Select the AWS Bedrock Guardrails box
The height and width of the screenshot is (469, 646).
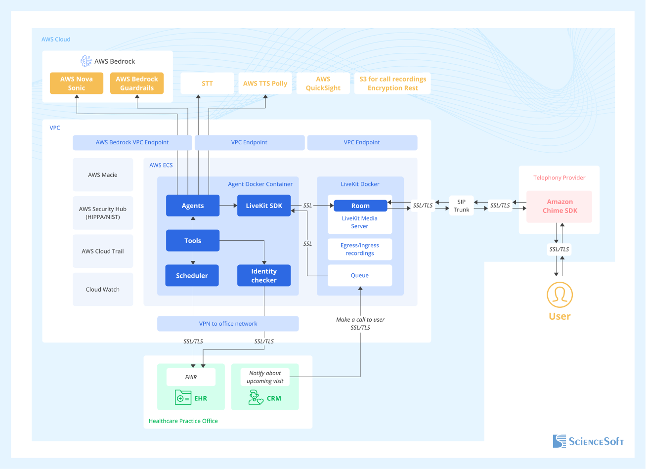(137, 84)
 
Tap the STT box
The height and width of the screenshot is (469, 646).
(207, 84)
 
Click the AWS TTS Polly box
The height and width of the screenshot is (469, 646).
(265, 84)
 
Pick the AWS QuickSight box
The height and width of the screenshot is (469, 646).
(323, 84)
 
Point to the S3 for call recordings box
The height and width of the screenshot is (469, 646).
(392, 84)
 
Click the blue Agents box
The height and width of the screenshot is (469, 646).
(193, 206)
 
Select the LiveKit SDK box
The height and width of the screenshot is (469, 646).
(264, 206)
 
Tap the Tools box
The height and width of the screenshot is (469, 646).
(193, 241)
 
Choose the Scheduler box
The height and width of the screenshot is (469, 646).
(192, 276)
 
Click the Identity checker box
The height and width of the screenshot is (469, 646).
(264, 276)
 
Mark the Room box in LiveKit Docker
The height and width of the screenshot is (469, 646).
(360, 206)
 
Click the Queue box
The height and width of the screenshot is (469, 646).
(360, 275)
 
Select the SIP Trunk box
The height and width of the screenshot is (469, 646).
(462, 206)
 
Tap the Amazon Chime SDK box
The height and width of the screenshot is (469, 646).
(560, 206)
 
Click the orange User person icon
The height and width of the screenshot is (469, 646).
(560, 295)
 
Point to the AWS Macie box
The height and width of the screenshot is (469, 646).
(103, 174)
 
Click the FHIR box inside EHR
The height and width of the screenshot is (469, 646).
(191, 377)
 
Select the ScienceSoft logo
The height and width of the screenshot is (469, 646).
(588, 441)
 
